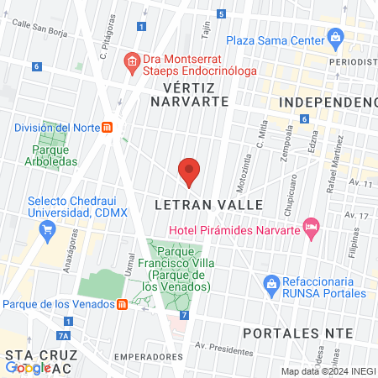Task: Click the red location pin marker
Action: pyautogui.click(x=189, y=172)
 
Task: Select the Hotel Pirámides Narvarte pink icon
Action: pyautogui.click(x=312, y=227)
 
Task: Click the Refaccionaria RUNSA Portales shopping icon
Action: pyautogui.click(x=270, y=283)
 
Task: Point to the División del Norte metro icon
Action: pyautogui.click(x=108, y=128)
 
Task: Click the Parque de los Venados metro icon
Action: pyautogui.click(x=123, y=304)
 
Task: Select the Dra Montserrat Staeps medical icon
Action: pyautogui.click(x=130, y=60)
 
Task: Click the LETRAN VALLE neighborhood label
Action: pyautogui.click(x=209, y=205)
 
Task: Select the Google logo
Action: pyautogui.click(x=28, y=367)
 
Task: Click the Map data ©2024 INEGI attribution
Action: pyautogui.click(x=328, y=371)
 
